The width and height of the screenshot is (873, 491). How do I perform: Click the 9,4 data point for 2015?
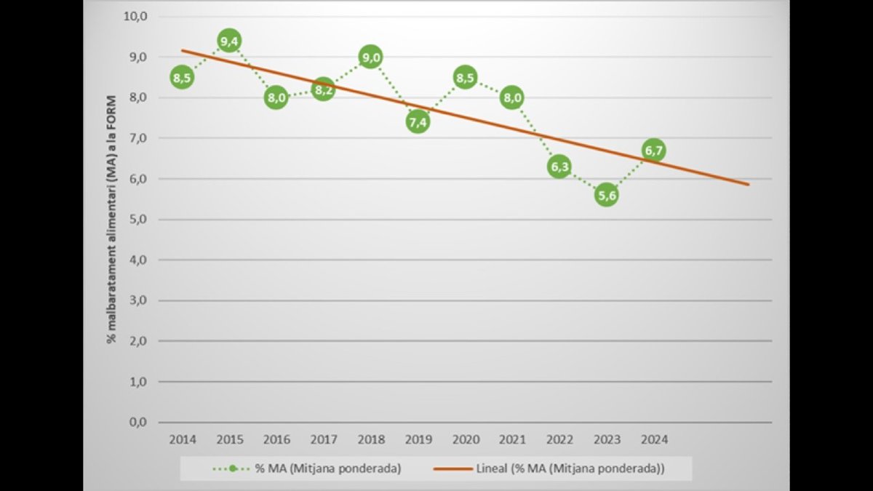pyautogui.click(x=229, y=41)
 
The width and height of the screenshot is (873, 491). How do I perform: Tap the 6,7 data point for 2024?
pyautogui.click(x=653, y=150)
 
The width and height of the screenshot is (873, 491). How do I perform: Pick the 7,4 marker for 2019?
pyautogui.click(x=418, y=122)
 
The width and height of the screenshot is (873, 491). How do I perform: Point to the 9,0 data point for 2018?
pyautogui.click(x=370, y=57)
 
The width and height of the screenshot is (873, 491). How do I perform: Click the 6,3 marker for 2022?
pyautogui.click(x=559, y=167)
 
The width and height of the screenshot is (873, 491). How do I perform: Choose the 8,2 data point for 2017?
pyautogui.click(x=323, y=89)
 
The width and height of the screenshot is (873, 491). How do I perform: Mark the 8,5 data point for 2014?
pyautogui.click(x=182, y=77)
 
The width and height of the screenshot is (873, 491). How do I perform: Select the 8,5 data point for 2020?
pyautogui.click(x=465, y=77)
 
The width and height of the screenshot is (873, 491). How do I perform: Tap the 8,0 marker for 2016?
pyautogui.click(x=276, y=97)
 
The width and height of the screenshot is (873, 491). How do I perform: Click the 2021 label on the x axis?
pyautogui.click(x=512, y=440)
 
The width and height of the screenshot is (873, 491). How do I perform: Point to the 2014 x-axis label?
pyautogui.click(x=182, y=440)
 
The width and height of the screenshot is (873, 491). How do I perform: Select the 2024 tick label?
pyautogui.click(x=653, y=440)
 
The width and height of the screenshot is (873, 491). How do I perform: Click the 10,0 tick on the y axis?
pyautogui.click(x=136, y=16)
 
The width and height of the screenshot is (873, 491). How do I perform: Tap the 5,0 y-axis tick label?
pyautogui.click(x=138, y=219)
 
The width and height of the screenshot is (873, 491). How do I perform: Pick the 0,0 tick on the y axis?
pyautogui.click(x=138, y=422)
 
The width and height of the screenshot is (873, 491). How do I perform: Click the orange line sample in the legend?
pyautogui.click(x=453, y=468)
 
